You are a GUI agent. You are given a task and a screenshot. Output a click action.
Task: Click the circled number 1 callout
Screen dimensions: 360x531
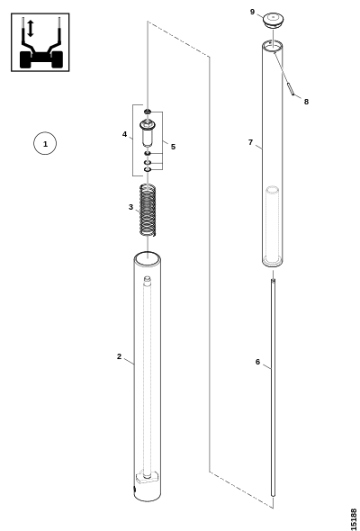45,143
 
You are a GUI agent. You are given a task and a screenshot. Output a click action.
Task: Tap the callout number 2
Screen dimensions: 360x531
119,356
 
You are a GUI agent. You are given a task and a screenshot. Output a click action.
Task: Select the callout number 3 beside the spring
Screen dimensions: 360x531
130,207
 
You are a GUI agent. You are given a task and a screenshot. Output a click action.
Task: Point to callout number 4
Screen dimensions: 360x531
124,134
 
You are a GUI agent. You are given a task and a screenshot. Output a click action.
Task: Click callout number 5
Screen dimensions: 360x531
173,147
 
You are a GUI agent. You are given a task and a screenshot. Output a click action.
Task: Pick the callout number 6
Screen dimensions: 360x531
257,362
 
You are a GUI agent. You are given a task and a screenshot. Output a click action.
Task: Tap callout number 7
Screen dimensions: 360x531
250,142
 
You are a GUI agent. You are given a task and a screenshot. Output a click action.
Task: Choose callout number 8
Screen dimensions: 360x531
306,102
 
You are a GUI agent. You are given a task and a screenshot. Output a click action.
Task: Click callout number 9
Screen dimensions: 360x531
252,12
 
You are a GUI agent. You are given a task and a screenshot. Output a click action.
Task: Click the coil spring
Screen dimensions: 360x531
148,210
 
